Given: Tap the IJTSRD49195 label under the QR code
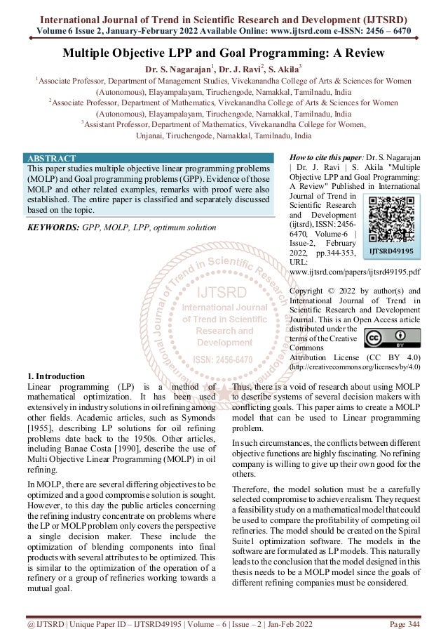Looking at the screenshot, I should click(x=392, y=250).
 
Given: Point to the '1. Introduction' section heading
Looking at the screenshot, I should click(x=55, y=376).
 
